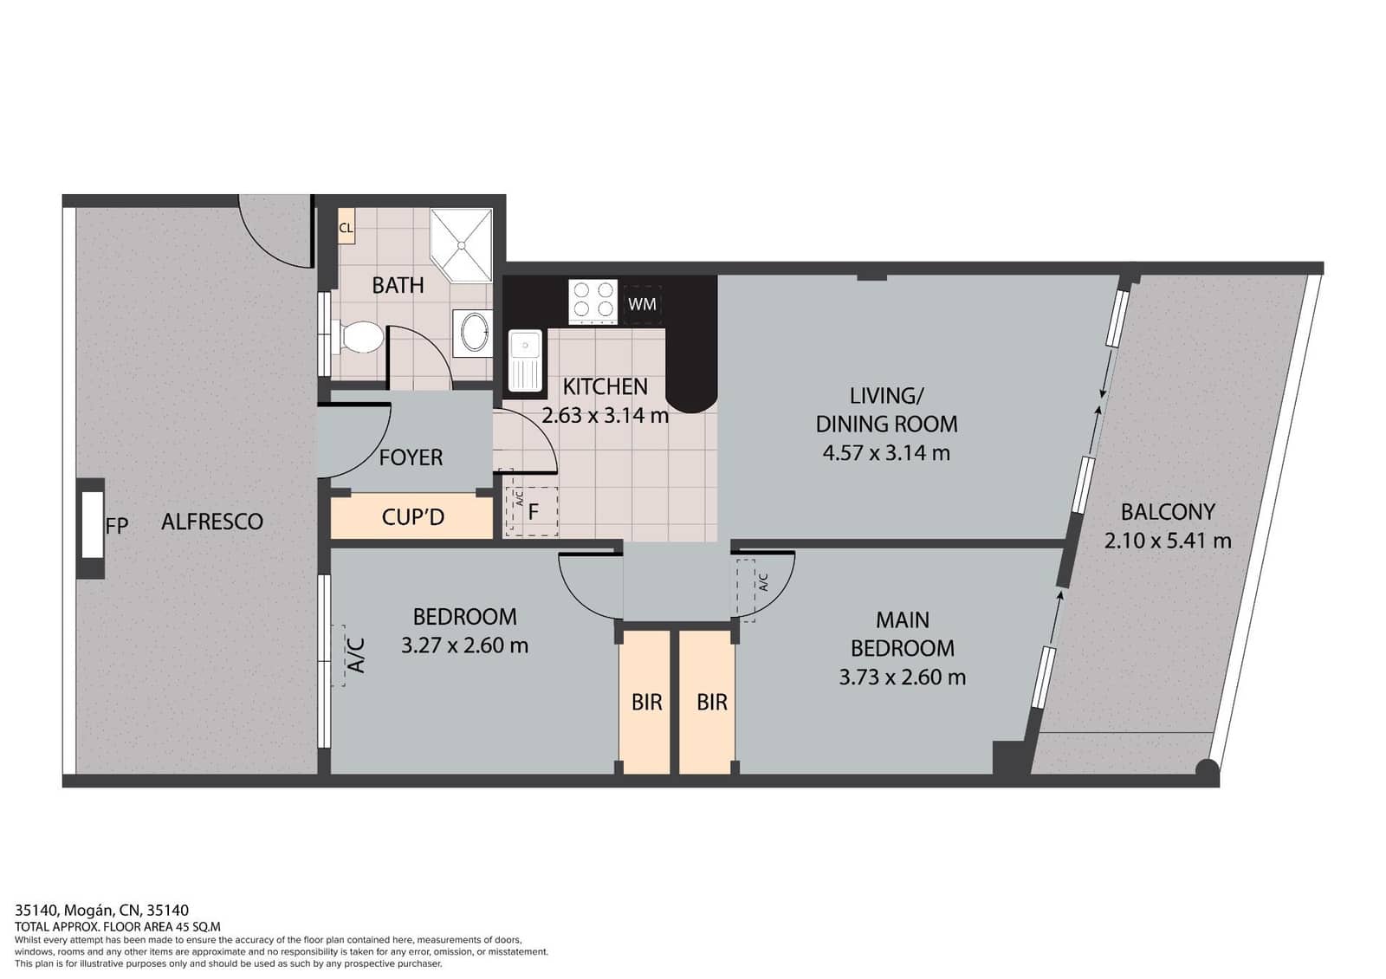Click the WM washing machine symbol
(x=642, y=304)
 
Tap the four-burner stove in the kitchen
(x=593, y=301)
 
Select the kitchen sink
(x=524, y=360)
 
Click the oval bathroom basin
(x=473, y=332)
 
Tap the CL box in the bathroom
(x=346, y=229)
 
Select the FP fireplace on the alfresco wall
(x=93, y=525)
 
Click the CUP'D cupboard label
(x=412, y=517)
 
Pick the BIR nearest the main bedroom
(x=711, y=702)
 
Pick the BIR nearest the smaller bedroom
(x=646, y=702)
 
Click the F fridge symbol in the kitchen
(x=533, y=512)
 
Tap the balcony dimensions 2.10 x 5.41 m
(x=1167, y=541)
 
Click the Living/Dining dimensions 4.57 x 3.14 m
(x=886, y=452)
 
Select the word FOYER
(x=411, y=457)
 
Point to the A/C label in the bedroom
(x=355, y=656)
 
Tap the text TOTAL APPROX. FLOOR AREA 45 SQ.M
(x=118, y=926)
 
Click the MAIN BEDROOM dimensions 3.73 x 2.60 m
(x=902, y=677)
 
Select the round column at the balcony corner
(x=1207, y=768)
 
